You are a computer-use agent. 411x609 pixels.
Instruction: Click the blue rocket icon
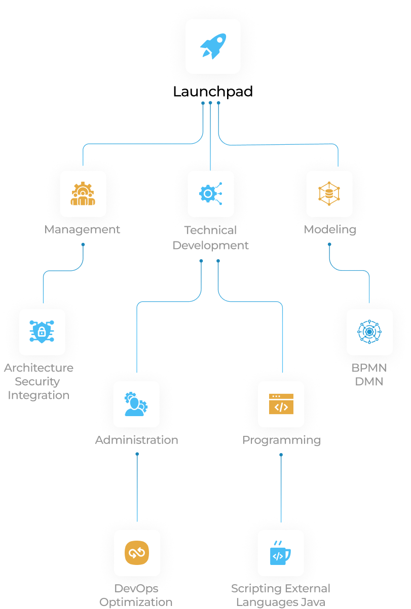[x=213, y=46]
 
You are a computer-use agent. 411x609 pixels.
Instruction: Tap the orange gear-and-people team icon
[x=83, y=194]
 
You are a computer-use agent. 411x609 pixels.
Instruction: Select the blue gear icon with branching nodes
[x=211, y=194]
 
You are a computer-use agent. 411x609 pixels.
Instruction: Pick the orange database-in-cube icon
[x=329, y=194]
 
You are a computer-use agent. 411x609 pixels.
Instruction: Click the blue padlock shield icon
[x=42, y=332]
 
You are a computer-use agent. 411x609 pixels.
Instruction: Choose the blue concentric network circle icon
[x=369, y=332]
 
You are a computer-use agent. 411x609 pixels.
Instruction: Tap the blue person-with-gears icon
[x=136, y=404]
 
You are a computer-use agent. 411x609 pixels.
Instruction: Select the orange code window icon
[x=281, y=404]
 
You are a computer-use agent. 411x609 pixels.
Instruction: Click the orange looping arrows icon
[x=137, y=553]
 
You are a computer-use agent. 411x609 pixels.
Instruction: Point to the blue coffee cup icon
[x=280, y=553]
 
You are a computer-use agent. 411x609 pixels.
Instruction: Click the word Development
[x=211, y=246]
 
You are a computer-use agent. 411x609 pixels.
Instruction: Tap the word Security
[x=38, y=382]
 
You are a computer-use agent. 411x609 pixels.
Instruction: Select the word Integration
[x=39, y=395]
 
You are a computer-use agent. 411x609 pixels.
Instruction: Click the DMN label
[x=369, y=382]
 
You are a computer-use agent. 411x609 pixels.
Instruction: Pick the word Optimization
[x=136, y=602]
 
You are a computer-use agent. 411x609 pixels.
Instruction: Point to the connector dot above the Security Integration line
[x=83, y=245]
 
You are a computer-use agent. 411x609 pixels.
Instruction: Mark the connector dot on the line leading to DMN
[x=329, y=245]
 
